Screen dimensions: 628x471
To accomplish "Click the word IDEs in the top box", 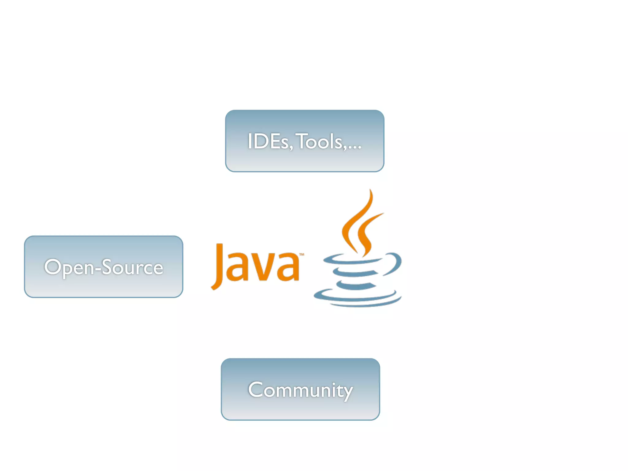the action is pos(268,142).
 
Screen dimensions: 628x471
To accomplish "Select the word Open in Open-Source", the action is pos(69,267).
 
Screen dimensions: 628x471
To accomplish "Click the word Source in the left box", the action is pos(132,267).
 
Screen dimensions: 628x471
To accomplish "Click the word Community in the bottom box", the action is pos(301,390).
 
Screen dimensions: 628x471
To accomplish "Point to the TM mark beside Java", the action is pos(302,255).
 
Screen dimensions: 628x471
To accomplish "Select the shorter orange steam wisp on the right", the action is pos(368,230).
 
